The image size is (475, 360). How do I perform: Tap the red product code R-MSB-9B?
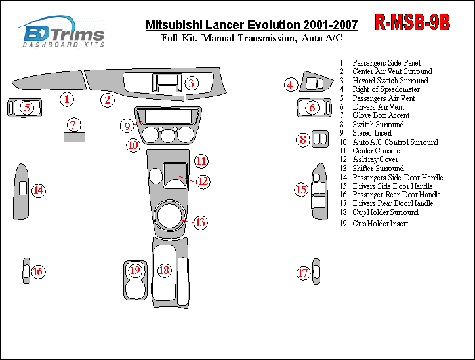(x=412, y=22)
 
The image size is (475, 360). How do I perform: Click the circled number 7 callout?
(x=73, y=125)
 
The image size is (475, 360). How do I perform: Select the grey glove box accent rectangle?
(x=74, y=137)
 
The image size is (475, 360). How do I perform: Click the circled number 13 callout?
(x=200, y=222)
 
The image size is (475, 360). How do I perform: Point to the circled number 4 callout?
(x=291, y=85)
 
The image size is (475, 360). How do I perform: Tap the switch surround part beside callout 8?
(x=320, y=139)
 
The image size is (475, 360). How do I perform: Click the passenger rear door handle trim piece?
(x=26, y=271)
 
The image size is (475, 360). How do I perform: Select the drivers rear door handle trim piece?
(x=316, y=271)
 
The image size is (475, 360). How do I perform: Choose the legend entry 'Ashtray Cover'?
(x=375, y=159)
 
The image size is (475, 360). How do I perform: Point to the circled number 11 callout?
(x=201, y=161)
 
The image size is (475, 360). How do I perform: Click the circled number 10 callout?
(x=133, y=146)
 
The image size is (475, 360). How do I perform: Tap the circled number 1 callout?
(x=67, y=99)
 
